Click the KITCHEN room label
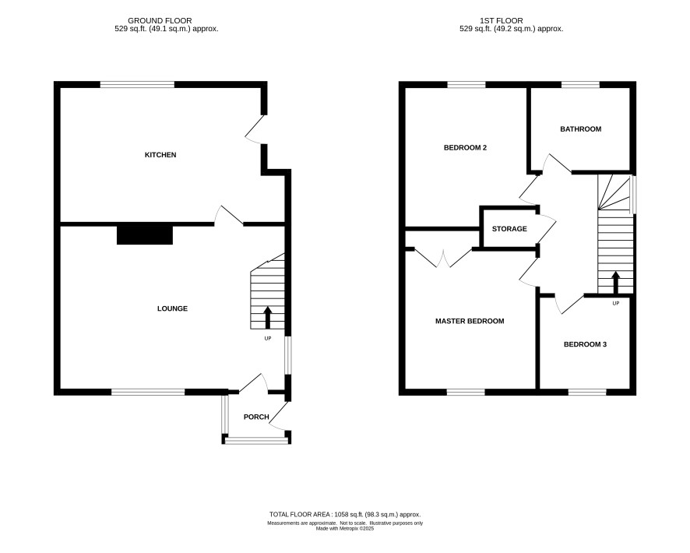[x=160, y=155]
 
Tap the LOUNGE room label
[x=173, y=309]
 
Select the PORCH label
[x=256, y=417]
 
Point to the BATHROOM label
[x=581, y=129]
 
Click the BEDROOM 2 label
[x=465, y=148]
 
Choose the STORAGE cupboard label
[x=509, y=229]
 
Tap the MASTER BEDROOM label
[x=470, y=321]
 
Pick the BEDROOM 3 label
[x=586, y=344]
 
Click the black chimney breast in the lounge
[x=145, y=235]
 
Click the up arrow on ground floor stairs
[x=268, y=318]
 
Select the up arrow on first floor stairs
[x=616, y=283]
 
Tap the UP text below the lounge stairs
[x=268, y=338]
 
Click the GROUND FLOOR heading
[x=160, y=21]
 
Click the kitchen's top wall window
[x=137, y=84]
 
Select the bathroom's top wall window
[x=581, y=84]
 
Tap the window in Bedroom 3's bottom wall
[x=587, y=392]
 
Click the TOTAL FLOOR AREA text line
[x=345, y=514]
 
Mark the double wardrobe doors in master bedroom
[x=444, y=259]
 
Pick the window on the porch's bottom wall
[x=256, y=440]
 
